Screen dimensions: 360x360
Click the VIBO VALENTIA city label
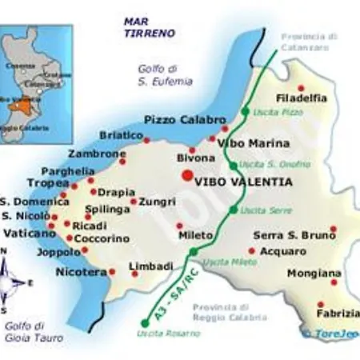pyautogui.click(x=244, y=182)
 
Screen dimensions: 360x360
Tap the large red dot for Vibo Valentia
pyautogui.click(x=186, y=176)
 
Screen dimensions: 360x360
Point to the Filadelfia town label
pyautogui.click(x=301, y=98)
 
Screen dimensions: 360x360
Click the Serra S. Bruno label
pyautogui.click(x=289, y=236)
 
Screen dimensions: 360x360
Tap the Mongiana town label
pyautogui.click(x=314, y=273)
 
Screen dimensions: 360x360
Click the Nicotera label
pyautogui.click(x=81, y=273)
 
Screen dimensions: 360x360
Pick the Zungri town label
pyautogui.click(x=157, y=202)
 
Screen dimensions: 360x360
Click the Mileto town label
pyautogui.click(x=195, y=237)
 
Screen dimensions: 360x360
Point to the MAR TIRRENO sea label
pyautogui.click(x=146, y=27)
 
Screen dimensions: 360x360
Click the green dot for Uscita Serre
pyautogui.click(x=234, y=210)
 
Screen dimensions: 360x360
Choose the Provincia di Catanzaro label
pyautogui.click(x=310, y=41)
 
